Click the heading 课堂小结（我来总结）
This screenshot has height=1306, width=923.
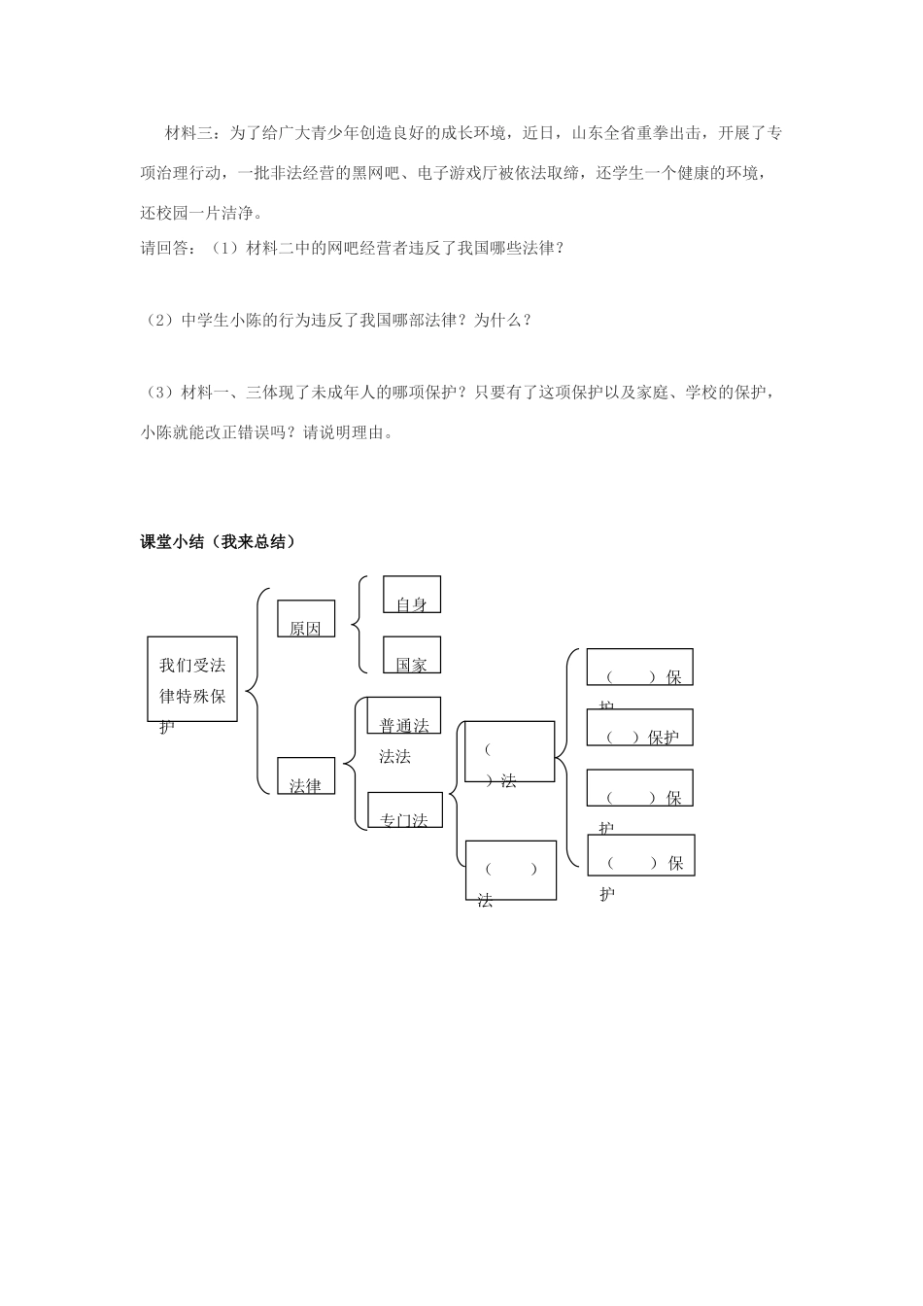[218, 542]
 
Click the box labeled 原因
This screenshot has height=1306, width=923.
[306, 619]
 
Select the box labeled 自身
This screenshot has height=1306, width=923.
[412, 595]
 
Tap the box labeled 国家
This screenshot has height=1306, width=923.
[412, 655]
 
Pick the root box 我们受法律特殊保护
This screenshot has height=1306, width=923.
[192, 679]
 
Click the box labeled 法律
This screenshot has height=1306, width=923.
[306, 776]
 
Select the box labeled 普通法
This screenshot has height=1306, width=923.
[404, 716]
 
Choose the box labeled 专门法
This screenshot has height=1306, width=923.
[404, 810]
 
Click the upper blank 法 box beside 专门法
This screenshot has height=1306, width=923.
[509, 751]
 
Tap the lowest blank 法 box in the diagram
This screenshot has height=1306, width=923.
[510, 870]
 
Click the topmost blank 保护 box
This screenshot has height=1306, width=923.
[639, 668]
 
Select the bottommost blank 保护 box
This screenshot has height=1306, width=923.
[641, 854]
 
